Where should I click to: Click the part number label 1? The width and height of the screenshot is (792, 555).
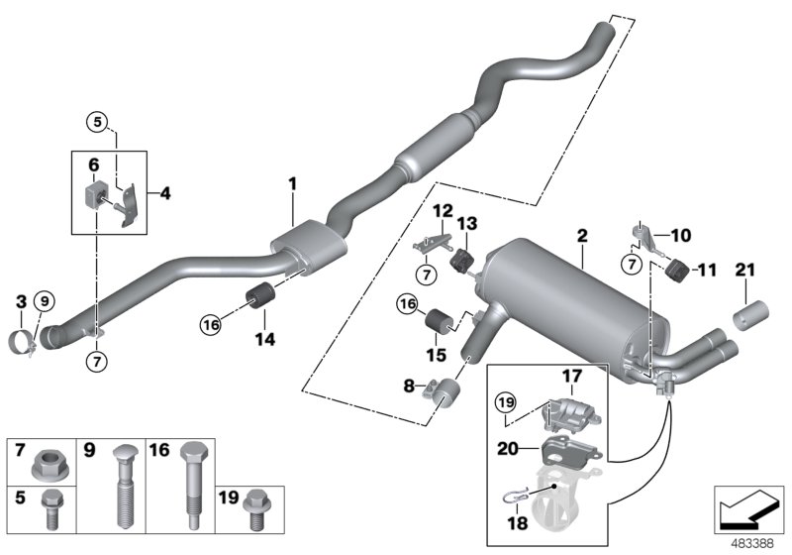(x=293, y=183)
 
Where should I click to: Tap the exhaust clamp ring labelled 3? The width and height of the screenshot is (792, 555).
(x=23, y=344)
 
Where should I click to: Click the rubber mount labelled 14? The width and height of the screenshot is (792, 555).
(x=263, y=296)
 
